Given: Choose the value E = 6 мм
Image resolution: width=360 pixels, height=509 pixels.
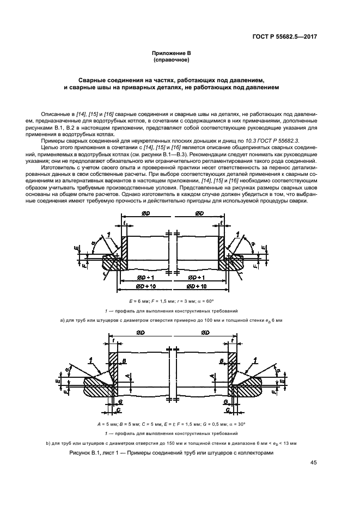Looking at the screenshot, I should point(139,301).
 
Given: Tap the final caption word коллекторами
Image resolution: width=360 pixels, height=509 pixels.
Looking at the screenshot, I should point(251,453).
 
